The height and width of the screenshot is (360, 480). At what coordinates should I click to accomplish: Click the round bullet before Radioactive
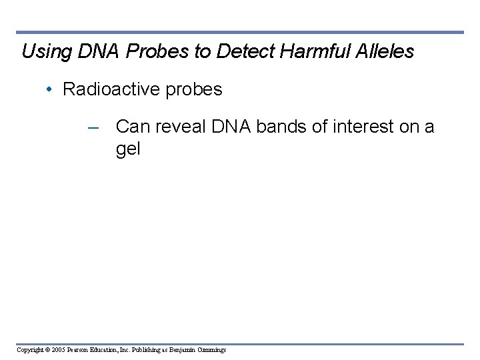click(x=51, y=90)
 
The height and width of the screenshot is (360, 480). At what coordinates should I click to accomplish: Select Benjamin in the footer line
click(x=182, y=350)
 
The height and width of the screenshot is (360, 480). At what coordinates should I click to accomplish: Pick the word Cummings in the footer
click(x=212, y=350)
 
